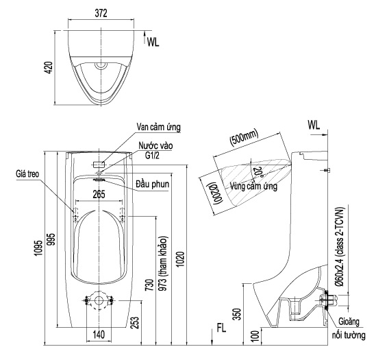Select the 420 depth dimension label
(47, 68)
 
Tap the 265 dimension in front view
(99, 195)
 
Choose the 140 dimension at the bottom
(99, 335)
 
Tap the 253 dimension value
(135, 320)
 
